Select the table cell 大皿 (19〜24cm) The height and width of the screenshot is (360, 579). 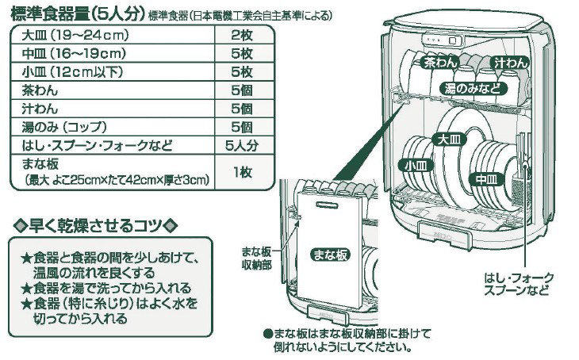(x=65, y=36)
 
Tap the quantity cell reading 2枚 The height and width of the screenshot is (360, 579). (x=242, y=36)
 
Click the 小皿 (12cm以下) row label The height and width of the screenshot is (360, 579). (x=66, y=72)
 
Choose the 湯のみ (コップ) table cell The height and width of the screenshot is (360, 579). (x=65, y=127)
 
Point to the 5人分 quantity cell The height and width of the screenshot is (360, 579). (x=242, y=145)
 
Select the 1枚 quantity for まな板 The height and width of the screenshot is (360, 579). (x=242, y=172)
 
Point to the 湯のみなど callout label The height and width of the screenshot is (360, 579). (x=473, y=86)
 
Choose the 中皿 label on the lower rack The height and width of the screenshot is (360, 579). (x=485, y=180)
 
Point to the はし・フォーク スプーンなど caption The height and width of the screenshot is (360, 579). (x=520, y=283)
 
